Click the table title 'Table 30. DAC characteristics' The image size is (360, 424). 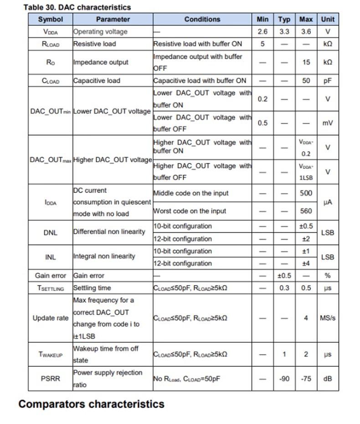(x=77, y=7)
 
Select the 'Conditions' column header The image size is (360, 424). (x=202, y=19)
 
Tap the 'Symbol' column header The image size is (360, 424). (x=50, y=19)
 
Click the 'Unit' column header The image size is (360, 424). (x=327, y=19)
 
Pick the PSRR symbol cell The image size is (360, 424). (x=50, y=378)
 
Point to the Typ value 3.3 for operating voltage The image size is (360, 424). (x=284, y=32)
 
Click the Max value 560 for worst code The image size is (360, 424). (x=306, y=211)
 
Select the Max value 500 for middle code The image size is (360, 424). (x=306, y=193)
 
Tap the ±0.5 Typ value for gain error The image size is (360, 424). (x=284, y=276)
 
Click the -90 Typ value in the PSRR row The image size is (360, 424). (x=284, y=378)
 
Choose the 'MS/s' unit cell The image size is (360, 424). (x=327, y=318)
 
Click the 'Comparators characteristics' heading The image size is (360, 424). (x=91, y=404)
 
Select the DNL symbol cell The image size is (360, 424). (x=50, y=232)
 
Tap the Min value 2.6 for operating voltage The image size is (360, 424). (x=262, y=32)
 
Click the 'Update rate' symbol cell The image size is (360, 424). (x=50, y=318)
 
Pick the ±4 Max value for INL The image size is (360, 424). (x=306, y=263)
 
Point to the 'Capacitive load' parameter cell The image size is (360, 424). (x=97, y=81)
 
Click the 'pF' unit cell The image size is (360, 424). (x=327, y=81)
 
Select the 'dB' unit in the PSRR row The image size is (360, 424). (x=327, y=378)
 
